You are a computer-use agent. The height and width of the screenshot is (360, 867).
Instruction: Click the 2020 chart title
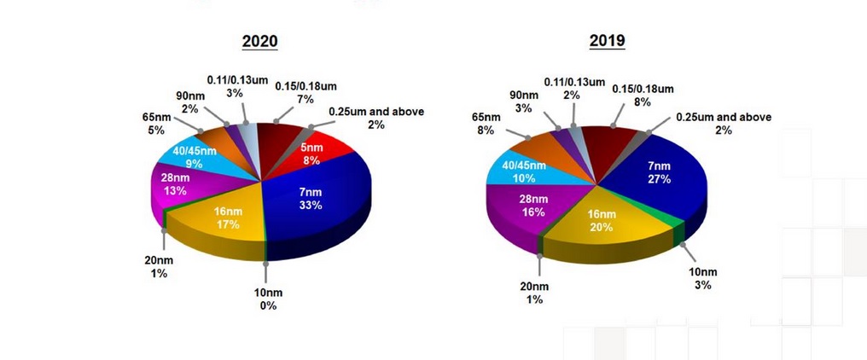260,41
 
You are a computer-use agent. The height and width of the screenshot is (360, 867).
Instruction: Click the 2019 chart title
607,41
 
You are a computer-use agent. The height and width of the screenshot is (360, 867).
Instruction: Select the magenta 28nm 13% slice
176,183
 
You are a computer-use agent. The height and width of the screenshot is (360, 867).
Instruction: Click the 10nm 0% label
268,299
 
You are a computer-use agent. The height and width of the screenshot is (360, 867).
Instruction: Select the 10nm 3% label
702,278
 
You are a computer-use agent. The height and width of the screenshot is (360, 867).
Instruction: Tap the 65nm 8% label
486,124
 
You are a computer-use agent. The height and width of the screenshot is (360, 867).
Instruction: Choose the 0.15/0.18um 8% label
643,95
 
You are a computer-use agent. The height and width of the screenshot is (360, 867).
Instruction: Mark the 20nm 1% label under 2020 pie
160,266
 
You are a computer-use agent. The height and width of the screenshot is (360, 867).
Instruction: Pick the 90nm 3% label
524,102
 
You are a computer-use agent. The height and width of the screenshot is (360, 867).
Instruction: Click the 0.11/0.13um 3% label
234,86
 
